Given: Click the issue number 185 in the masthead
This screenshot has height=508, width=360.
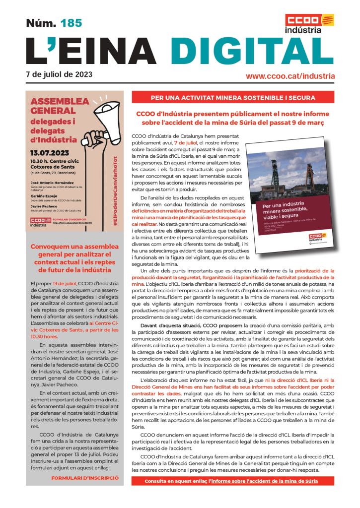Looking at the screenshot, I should (x=71, y=23).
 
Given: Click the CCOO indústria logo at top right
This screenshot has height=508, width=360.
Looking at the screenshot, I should (x=309, y=23).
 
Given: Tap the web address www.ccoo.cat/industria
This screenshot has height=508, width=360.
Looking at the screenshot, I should (x=290, y=76).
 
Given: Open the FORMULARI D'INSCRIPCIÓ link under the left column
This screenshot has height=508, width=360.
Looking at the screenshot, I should (x=85, y=478).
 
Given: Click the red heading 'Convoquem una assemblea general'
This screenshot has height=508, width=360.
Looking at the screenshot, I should (x=73, y=258).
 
